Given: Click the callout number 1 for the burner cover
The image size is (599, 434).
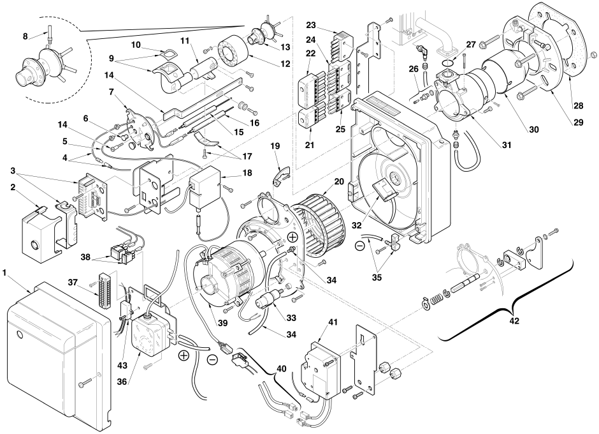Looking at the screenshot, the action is (x=4, y=273).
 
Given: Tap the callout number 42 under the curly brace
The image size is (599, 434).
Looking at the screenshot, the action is (x=515, y=321).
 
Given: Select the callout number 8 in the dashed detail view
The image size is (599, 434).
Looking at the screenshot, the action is (x=25, y=36).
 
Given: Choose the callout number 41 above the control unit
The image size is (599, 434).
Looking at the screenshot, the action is (x=333, y=322).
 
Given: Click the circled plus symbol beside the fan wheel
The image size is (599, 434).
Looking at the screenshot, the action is (x=292, y=237).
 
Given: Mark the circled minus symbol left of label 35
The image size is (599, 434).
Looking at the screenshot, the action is (x=360, y=246).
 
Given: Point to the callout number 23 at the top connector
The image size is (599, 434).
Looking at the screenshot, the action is (x=312, y=26).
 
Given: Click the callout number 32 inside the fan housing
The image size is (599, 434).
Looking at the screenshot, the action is (x=356, y=225).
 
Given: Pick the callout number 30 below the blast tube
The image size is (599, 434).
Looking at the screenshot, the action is (x=533, y=130).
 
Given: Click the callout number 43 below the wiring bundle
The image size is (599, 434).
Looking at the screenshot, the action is (x=122, y=365).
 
